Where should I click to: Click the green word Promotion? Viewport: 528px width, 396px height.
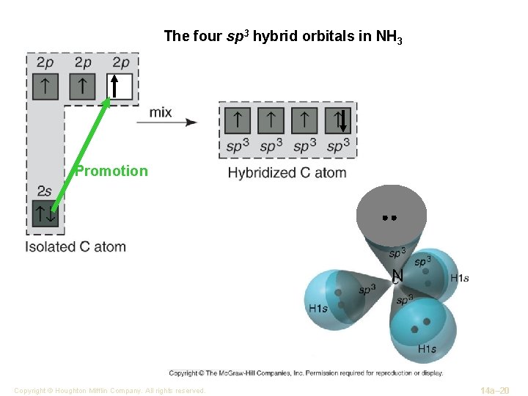[111, 171]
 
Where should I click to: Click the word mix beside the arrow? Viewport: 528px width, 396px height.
[161, 112]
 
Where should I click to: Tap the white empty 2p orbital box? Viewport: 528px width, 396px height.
[120, 87]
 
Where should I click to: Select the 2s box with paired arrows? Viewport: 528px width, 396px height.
[45, 213]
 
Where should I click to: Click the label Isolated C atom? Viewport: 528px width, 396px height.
[76, 247]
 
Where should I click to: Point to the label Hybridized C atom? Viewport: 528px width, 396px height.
[287, 173]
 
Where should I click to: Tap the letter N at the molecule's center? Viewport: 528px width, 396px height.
[397, 275]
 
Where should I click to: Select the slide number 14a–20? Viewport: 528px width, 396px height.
[494, 390]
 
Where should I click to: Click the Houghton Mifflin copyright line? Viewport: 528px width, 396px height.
[109, 391]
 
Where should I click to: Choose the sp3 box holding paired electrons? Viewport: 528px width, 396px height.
[339, 120]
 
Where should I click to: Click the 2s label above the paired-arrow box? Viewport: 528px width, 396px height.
[44, 191]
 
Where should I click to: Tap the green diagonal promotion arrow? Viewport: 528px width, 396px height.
[81, 155]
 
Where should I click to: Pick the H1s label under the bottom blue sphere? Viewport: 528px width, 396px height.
[428, 349]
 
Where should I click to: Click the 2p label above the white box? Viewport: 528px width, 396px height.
[121, 63]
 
